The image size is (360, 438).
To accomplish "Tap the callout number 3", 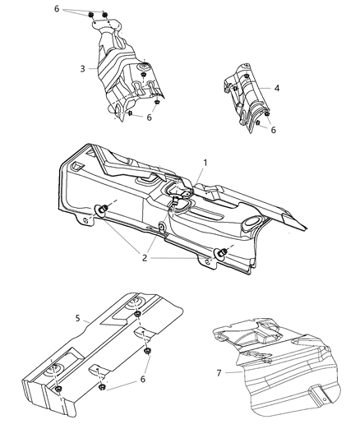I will [83, 69].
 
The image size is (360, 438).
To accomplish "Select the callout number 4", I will [277, 88].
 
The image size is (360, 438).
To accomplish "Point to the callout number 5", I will [76, 316].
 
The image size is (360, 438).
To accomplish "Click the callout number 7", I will [219, 373].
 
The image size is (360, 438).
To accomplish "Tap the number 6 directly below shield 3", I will [150, 118].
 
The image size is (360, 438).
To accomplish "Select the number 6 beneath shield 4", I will [273, 130].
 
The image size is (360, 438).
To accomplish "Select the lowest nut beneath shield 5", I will [101, 386].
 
